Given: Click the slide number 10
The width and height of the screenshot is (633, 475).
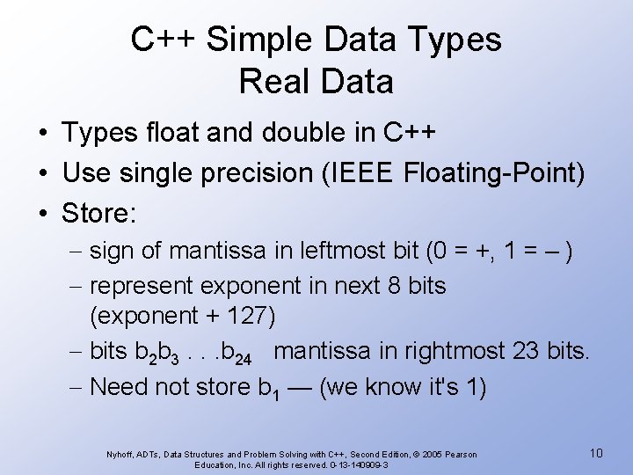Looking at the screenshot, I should pos(596,453).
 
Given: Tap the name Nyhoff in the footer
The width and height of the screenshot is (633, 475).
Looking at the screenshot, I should pos(120,454).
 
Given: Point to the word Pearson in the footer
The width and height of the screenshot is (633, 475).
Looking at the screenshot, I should pos(459,454).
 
